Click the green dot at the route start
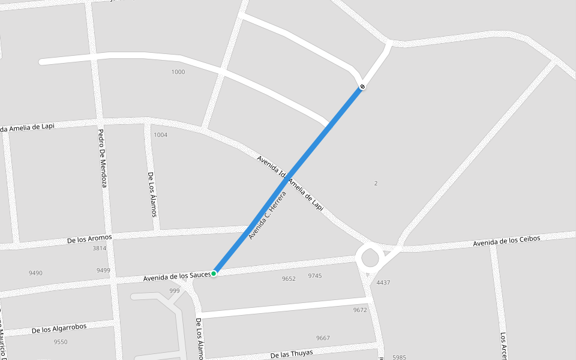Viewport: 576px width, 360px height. [x=214, y=274]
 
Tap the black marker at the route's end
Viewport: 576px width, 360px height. [x=362, y=88]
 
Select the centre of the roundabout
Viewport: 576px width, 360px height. [x=370, y=259]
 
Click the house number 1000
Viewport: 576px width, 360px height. [x=178, y=72]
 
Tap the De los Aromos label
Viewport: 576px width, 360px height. [x=90, y=239]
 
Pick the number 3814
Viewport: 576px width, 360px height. [x=99, y=248]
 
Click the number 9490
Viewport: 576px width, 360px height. [x=35, y=273]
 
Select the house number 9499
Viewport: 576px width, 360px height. [x=103, y=271]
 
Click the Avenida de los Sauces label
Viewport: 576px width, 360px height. [x=177, y=277]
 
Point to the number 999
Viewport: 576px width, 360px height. [x=175, y=291]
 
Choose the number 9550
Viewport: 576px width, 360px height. [x=61, y=342]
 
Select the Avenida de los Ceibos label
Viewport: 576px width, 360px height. [x=506, y=241]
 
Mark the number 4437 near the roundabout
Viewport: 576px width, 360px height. [x=383, y=283]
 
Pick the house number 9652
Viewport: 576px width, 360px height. [x=289, y=278]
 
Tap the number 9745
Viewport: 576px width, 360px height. [x=315, y=276]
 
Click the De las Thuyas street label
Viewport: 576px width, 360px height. [x=292, y=354]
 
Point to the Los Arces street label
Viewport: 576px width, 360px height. [x=504, y=346]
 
